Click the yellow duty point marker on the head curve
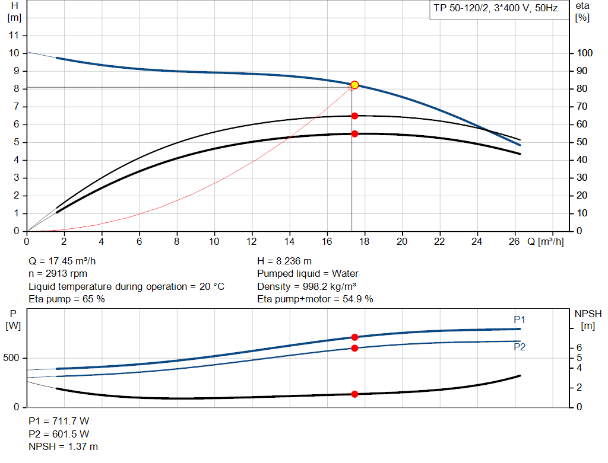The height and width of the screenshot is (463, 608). [354, 85]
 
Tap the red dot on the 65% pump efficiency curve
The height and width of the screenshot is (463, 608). [354, 116]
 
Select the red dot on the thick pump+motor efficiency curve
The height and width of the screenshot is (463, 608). [354, 133]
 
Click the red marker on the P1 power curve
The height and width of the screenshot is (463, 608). [354, 337]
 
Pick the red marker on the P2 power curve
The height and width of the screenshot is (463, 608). [354, 348]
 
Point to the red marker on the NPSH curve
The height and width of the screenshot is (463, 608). [354, 394]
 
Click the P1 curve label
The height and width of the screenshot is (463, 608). [520, 320]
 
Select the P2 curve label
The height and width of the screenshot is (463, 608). [520, 347]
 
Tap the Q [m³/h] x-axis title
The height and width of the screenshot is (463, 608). [546, 242]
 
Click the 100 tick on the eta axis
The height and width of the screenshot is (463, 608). [585, 53]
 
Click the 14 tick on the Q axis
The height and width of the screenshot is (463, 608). [290, 242]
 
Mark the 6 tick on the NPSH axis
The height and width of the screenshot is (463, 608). [578, 347]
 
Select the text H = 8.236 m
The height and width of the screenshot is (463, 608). [284, 261]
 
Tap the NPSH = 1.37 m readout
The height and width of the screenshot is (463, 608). [64, 446]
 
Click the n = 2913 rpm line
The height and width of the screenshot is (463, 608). [58, 273]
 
